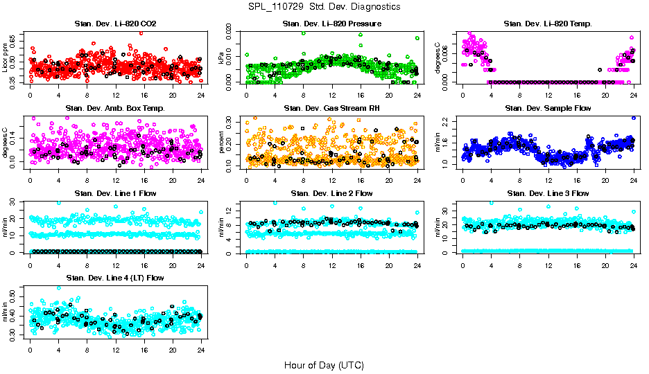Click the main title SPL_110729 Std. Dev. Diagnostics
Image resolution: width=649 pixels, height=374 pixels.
click(x=324, y=6)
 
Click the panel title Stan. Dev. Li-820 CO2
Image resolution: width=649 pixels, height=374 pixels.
click(x=115, y=24)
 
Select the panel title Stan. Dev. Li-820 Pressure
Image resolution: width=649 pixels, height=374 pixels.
click(x=331, y=24)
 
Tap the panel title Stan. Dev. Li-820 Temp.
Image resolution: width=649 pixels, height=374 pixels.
click(x=548, y=24)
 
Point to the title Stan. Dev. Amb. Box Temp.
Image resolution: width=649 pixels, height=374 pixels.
click(x=115, y=109)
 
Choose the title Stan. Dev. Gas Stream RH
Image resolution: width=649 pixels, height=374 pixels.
click(x=331, y=109)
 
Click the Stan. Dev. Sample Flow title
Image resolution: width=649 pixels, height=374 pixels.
click(x=548, y=109)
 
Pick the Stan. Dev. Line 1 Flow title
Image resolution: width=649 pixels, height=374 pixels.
click(x=115, y=193)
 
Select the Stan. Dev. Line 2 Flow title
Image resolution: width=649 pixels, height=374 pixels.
click(x=331, y=193)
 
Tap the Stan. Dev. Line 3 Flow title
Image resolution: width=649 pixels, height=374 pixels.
click(x=548, y=193)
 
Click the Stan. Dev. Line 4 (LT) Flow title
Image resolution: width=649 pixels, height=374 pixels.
click(x=115, y=278)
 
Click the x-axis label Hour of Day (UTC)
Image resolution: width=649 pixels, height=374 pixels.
click(x=324, y=365)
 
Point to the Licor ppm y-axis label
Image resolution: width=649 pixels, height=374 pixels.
click(x=6, y=57)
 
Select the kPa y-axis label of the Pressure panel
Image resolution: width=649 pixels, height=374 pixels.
click(x=222, y=58)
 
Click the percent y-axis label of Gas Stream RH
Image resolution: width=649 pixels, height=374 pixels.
click(x=222, y=143)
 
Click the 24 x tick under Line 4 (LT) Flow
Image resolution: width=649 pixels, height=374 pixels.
click(x=201, y=350)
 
